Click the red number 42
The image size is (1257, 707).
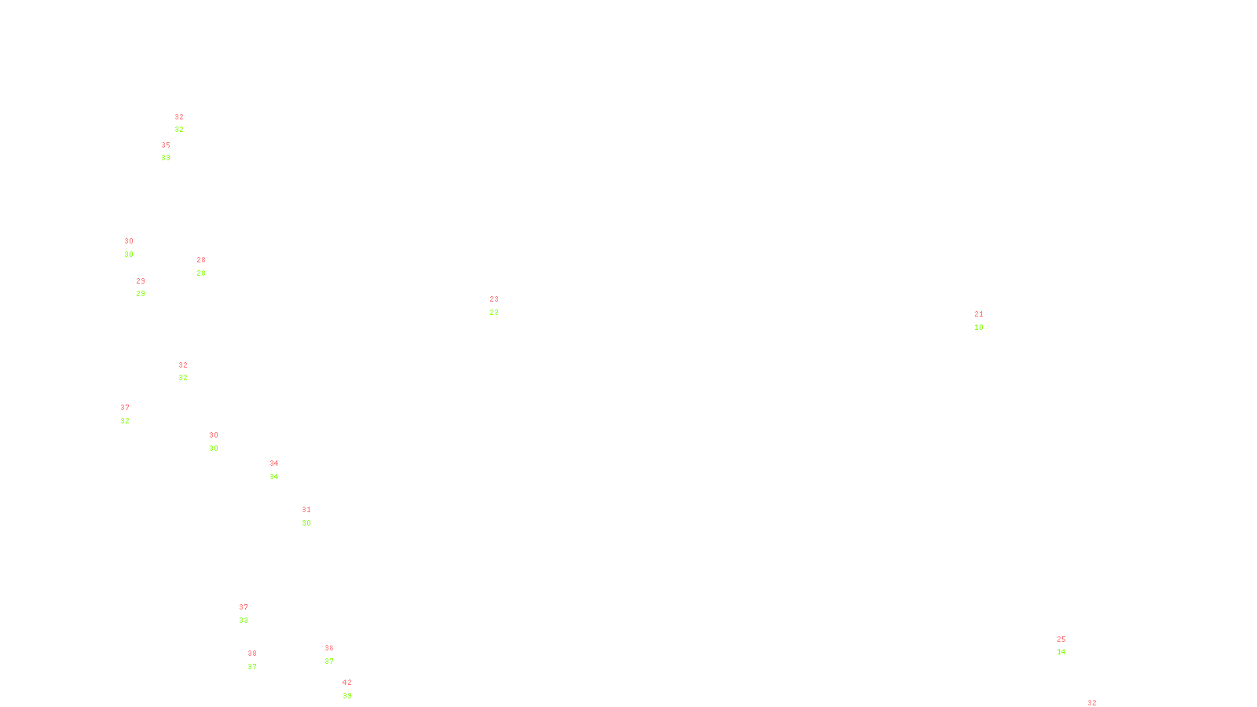(346, 683)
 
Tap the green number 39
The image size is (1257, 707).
(346, 696)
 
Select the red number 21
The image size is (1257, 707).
(979, 314)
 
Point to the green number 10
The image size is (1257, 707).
(979, 328)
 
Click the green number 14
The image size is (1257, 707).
(1061, 652)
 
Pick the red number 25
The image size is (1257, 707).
(1061, 639)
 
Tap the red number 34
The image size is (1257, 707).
(274, 463)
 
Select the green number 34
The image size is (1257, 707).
(274, 477)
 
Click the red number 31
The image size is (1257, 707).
(306, 510)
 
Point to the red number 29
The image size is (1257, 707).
(141, 281)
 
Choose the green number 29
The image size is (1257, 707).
(141, 294)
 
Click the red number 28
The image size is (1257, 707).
(201, 260)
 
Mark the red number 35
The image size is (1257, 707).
(166, 145)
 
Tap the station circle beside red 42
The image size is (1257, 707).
(355, 690)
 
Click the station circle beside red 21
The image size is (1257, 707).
(986, 321)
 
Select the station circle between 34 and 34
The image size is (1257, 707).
(281, 470)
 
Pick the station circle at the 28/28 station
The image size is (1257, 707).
(209, 266)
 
